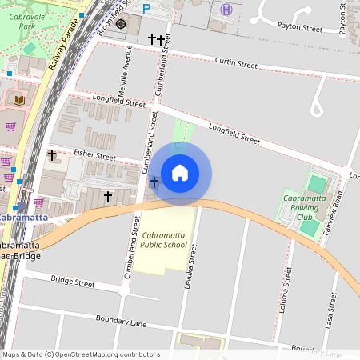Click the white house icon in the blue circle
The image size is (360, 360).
[x=180, y=173]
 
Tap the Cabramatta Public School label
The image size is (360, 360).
[x=164, y=240]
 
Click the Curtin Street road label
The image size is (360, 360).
[x=236, y=62]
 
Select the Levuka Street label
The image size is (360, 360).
[x=191, y=272]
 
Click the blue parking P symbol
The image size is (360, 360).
[x=146, y=7]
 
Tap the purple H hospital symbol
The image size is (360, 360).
[x=226, y=9]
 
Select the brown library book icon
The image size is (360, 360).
[x=19, y=99]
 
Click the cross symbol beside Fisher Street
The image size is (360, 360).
[x=52, y=154]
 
